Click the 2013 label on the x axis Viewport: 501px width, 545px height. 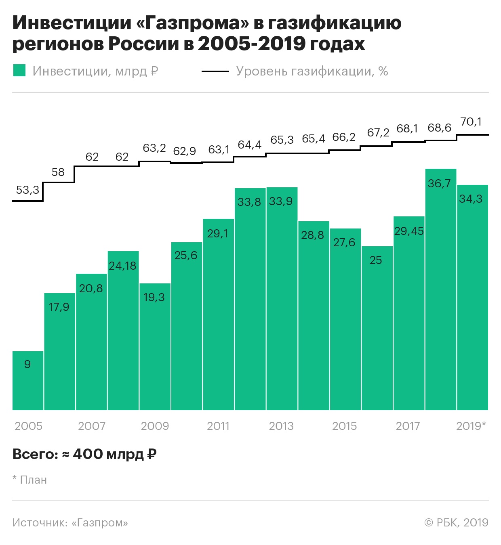tap(281, 426)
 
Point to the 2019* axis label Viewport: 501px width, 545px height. tap(471, 426)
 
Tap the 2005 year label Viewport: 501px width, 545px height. tap(28, 426)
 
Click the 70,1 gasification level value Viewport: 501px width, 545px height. tap(471, 122)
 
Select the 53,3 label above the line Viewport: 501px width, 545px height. tap(27, 190)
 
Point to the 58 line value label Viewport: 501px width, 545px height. tap(58, 172)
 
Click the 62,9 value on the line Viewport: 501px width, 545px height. tap(185, 151)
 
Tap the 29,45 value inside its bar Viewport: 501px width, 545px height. tap(409, 231)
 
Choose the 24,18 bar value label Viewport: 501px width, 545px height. tap(123, 266)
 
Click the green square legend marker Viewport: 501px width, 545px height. tap(19, 71)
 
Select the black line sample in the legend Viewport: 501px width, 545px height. tap(215, 71)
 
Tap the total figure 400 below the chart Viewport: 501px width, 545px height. tap(88, 454)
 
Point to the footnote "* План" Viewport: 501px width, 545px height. tap(29, 480)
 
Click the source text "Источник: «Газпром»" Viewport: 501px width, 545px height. tap(70, 522)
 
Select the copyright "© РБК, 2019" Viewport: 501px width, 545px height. tap(456, 522)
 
